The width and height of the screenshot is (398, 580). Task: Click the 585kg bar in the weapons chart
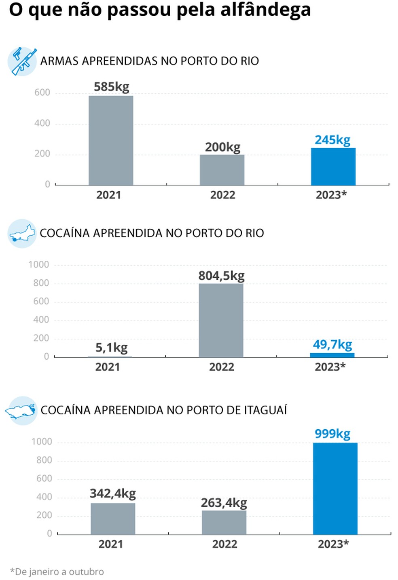111,140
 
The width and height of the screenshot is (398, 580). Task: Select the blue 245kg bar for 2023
333,167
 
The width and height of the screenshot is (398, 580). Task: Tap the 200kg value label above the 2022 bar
222,147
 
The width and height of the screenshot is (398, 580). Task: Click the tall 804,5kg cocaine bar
221,320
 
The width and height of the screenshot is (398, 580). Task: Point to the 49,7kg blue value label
332,345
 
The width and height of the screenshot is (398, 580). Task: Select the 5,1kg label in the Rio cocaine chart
111,348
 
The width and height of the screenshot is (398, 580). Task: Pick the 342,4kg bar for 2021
113,519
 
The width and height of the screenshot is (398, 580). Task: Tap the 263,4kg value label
224,503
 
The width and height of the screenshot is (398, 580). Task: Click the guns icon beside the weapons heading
22,61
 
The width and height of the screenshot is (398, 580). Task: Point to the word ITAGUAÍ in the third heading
265,410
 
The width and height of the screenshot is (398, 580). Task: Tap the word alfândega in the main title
265,10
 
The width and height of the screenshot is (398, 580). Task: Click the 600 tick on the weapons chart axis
42,93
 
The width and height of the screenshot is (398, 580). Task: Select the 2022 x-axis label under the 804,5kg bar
222,367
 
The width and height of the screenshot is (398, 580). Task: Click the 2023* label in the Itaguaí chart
333,544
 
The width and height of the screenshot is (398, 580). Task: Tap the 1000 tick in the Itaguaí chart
42,442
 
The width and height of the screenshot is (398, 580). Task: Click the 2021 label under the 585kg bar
108,195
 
